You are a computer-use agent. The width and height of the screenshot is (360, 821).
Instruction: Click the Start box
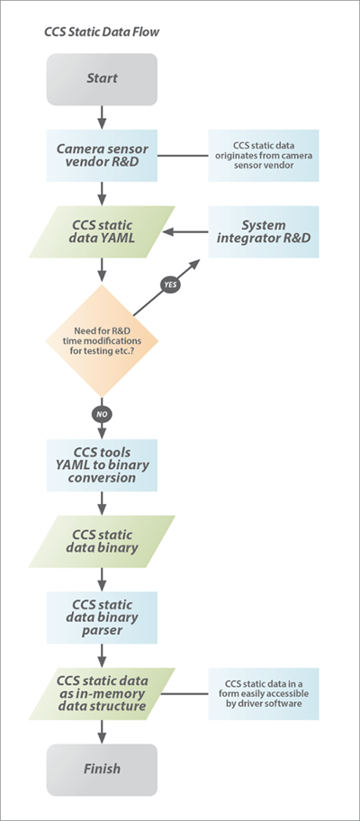[102, 78]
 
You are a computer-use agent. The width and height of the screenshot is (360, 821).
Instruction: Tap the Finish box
[102, 769]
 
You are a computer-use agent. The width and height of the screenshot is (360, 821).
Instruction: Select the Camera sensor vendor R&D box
[102, 155]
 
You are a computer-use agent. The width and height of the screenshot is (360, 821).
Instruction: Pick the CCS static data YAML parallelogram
[102, 231]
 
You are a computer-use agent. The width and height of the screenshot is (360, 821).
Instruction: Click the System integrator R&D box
[264, 231]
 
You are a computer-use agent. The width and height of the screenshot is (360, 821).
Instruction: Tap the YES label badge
[169, 284]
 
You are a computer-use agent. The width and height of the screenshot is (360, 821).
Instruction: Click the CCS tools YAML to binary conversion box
[102, 465]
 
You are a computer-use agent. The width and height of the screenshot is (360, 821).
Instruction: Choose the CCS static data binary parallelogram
[102, 541]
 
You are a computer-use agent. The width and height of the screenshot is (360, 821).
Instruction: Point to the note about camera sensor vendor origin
[264, 155]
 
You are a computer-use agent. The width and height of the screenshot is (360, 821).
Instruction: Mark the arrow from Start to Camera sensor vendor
[102, 116]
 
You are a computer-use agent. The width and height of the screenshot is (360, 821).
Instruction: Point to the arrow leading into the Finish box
[102, 731]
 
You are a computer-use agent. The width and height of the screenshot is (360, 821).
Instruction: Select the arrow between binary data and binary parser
[102, 579]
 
